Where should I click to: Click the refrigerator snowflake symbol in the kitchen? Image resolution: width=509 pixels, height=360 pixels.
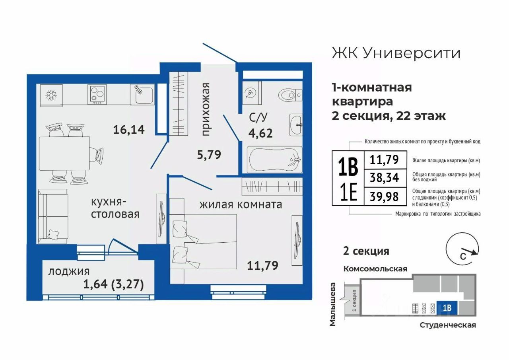tap(51, 95)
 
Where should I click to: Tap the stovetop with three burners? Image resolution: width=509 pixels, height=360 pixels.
tap(97, 95)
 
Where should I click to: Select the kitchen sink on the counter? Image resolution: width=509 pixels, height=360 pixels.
tap(142, 95)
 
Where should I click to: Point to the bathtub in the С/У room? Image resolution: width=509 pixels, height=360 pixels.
tap(275, 160)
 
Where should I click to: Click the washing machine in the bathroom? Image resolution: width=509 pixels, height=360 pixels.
tap(252, 93)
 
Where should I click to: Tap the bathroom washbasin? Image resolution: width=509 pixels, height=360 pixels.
tap(295, 125)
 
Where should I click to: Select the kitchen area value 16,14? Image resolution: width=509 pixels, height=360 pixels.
tap(129, 130)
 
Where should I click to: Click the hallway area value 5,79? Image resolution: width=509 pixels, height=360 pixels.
tap(209, 155)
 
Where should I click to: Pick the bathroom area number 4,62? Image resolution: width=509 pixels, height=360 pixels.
tap(260, 133)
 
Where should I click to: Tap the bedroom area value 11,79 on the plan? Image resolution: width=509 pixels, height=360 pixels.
tap(262, 265)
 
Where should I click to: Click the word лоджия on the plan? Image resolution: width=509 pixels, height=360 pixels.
tap(69, 272)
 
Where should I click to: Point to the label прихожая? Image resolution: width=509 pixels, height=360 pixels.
tap(206, 109)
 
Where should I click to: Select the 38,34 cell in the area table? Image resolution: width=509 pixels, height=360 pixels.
tap(384, 177)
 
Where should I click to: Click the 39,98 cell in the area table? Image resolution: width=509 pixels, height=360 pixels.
tap(384, 197)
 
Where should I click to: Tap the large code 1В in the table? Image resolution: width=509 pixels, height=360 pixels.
tap(348, 167)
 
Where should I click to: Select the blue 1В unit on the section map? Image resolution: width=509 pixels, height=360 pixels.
tap(447, 308)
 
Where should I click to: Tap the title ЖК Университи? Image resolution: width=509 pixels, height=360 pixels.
tap(396, 54)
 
